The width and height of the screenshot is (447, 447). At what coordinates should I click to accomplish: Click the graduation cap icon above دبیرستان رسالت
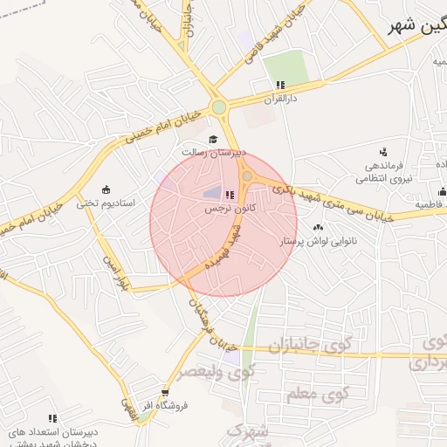[211, 140]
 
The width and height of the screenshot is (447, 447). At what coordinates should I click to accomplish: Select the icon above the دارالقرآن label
[280, 85]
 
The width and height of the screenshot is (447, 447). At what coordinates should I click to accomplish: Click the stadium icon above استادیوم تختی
[106, 189]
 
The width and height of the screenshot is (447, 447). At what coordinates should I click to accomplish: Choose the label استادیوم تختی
[106, 203]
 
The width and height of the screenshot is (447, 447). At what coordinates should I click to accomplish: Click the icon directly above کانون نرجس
[229, 196]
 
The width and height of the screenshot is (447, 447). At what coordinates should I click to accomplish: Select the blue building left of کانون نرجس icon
[212, 194]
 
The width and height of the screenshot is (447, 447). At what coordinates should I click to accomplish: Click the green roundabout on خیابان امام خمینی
[218, 107]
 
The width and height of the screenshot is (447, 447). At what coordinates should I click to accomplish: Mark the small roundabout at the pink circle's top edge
[248, 176]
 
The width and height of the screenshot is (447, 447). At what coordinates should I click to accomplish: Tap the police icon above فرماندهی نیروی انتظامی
[371, 152]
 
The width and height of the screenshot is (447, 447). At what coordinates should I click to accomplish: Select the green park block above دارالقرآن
[286, 67]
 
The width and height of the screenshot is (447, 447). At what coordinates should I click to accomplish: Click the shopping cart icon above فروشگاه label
[164, 393]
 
